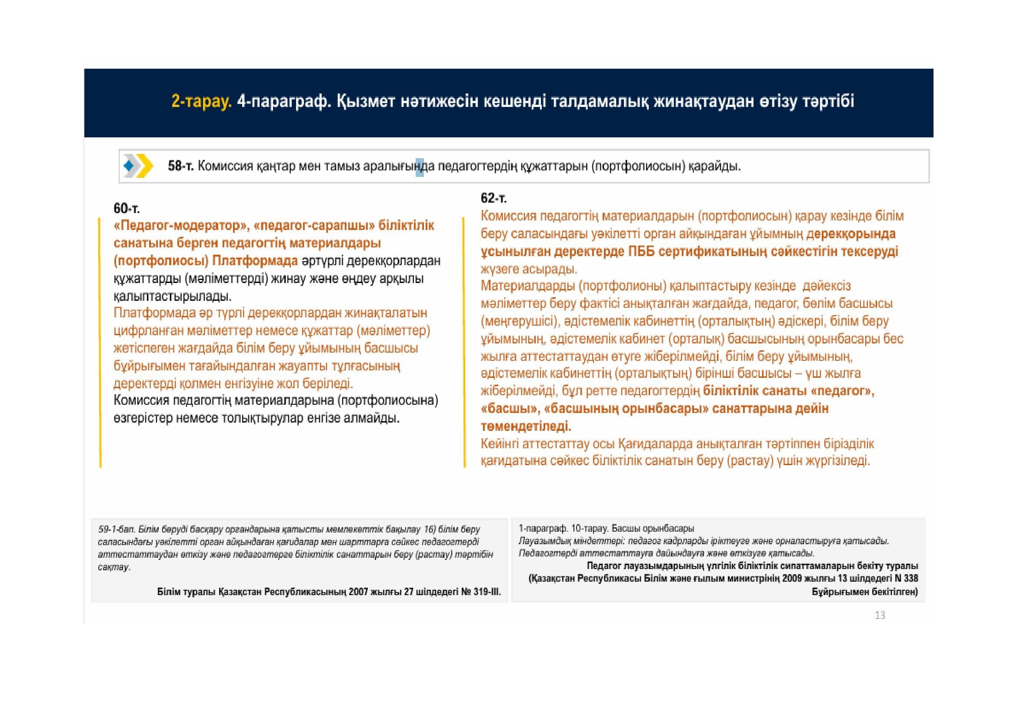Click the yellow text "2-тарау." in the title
tap(201, 101)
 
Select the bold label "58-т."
tap(181, 166)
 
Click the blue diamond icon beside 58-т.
tap(129, 166)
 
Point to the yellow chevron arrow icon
tap(145, 166)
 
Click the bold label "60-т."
tap(127, 208)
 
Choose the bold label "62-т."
tap(493, 198)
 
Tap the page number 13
tap(880, 615)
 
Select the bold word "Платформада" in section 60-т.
tap(255, 261)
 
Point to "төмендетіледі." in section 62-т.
tap(526, 426)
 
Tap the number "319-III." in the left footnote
tap(487, 592)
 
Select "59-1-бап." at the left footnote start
tap(117, 529)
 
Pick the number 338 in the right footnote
tap(911, 578)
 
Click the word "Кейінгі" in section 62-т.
tap(500, 444)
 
